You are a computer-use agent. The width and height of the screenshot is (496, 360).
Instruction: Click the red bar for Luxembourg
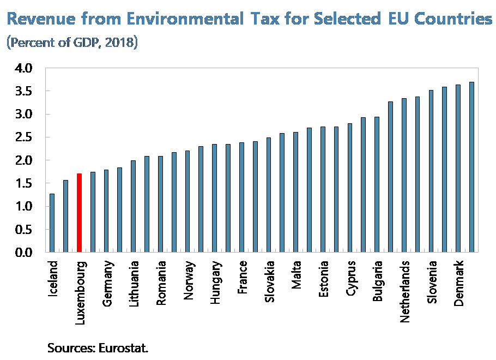pyautogui.click(x=79, y=213)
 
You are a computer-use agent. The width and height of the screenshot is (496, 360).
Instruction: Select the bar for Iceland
pyautogui.click(x=52, y=223)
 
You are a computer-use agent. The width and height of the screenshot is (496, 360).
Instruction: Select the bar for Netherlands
pyautogui.click(x=404, y=175)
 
